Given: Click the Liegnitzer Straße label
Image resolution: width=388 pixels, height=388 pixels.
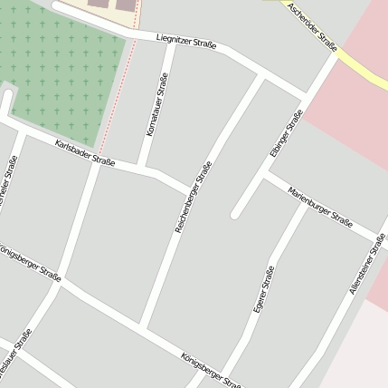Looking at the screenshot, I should coord(186,42).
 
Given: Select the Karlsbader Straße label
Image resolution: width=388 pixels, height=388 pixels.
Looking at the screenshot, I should coord(84,152).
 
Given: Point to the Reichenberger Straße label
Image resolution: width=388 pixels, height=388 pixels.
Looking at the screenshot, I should coord(194,197).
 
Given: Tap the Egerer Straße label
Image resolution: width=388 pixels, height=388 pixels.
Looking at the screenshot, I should coord(263,289).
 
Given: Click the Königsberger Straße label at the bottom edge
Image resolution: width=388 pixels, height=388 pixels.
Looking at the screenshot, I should coord(210,370).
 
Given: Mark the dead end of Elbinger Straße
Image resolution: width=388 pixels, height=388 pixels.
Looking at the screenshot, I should coord(235,215).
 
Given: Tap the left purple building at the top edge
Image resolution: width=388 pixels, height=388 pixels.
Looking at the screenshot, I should coord(98,5).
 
